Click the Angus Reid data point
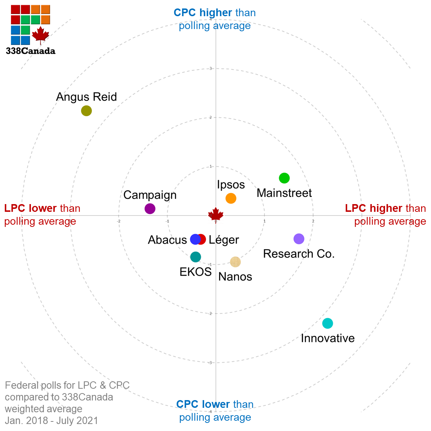click(x=86, y=110)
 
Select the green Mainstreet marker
click(x=284, y=178)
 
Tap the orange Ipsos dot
click(x=231, y=198)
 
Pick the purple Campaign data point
click(x=150, y=209)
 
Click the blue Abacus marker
click(x=195, y=239)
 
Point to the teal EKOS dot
click(x=196, y=257)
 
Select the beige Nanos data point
click(x=235, y=262)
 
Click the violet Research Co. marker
click(x=299, y=239)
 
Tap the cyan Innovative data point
click(x=328, y=323)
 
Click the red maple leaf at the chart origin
click(x=216, y=214)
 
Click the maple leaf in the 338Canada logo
click(x=40, y=35)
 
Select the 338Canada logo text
click(x=31, y=51)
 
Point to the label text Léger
click(x=224, y=240)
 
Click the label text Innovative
click(x=328, y=338)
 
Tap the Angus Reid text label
click(x=86, y=97)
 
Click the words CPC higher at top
click(x=203, y=13)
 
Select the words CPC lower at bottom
click(x=203, y=404)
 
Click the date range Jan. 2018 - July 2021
click(x=51, y=420)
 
